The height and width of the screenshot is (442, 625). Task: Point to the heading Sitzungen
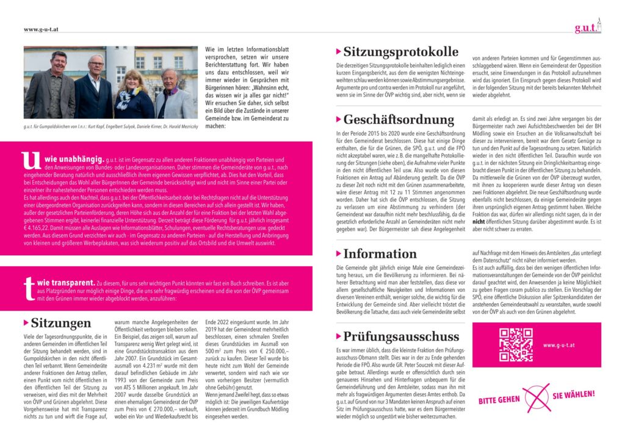(x=61, y=322)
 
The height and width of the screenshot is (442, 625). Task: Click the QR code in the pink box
(x=516, y=345)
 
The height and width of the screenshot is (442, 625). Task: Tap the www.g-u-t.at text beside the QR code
(x=560, y=346)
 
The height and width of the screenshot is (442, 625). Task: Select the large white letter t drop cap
(x=27, y=288)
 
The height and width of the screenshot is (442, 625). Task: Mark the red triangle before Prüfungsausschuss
(x=339, y=336)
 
